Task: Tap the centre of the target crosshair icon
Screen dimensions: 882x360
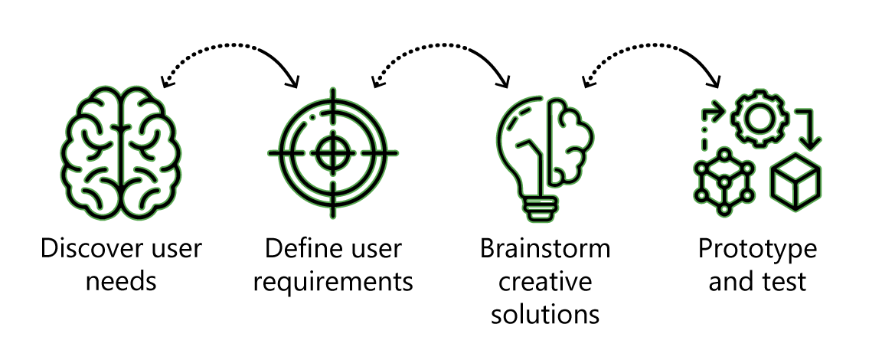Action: click(332, 152)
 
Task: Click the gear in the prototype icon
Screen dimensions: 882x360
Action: click(759, 119)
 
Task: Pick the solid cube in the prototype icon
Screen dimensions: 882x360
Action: click(795, 181)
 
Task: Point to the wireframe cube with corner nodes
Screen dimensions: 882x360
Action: click(724, 181)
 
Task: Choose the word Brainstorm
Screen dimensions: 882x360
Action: click(545, 248)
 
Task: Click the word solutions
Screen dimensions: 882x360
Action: click(545, 314)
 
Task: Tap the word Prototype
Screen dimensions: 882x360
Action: click(758, 249)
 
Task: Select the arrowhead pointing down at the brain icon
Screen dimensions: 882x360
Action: click(166, 81)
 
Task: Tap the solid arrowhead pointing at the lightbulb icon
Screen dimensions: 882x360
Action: click(504, 81)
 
